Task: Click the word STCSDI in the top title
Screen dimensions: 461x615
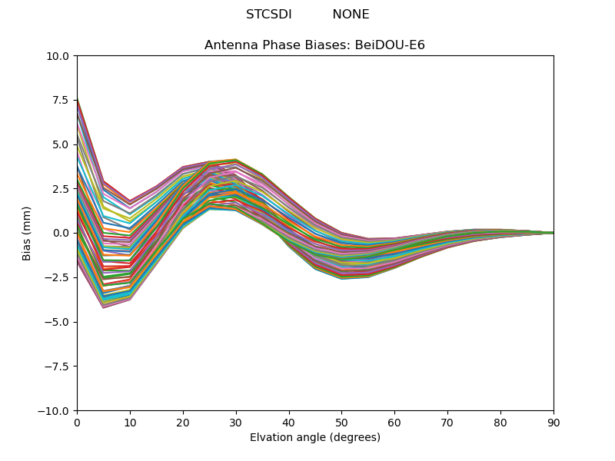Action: [x=268, y=15]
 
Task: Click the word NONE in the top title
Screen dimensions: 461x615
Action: [x=351, y=15]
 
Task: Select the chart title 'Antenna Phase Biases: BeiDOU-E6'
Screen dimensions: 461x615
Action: [x=314, y=45]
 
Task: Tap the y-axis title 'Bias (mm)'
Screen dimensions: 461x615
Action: [x=27, y=233]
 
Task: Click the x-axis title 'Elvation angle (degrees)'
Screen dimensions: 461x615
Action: [x=314, y=438]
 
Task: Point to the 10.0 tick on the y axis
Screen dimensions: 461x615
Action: [x=60, y=56]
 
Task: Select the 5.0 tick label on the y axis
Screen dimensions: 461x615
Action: [x=62, y=144]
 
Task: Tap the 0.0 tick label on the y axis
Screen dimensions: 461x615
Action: [x=62, y=233]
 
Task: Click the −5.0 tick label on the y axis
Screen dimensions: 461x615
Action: [x=58, y=322]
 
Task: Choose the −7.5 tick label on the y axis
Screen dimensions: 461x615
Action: [x=58, y=366]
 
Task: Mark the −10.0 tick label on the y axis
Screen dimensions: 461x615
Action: [x=56, y=411]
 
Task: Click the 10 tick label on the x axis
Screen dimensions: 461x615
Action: [x=130, y=423]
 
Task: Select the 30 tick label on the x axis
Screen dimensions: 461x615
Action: [x=236, y=423]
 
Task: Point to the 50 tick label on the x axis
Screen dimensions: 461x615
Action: [x=341, y=423]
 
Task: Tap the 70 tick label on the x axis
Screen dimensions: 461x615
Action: [x=447, y=423]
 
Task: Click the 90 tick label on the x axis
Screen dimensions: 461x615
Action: [x=553, y=423]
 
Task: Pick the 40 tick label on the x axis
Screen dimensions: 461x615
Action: [x=289, y=423]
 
